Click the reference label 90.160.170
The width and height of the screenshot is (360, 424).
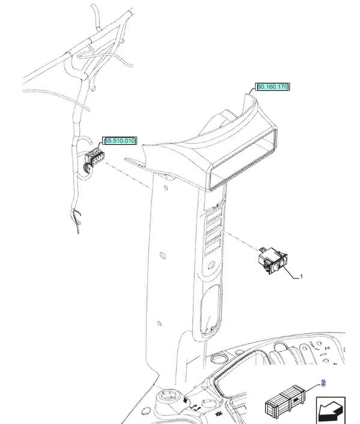coord(272,87)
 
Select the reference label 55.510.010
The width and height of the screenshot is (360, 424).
coord(120,141)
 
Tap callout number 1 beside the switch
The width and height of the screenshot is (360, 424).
coord(301,277)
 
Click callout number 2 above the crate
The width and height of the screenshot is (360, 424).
coord(323,383)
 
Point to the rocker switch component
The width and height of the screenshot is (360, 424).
coord(272,260)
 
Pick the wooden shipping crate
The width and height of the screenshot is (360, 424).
coord(285,403)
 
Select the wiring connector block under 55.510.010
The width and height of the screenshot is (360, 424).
coord(94,160)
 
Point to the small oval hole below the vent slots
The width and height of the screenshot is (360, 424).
coord(212,265)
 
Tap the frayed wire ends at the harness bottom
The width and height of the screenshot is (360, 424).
coord(76,220)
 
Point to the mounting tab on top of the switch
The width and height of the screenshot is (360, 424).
coord(262,250)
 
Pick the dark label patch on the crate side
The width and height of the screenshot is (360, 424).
coord(296,400)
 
